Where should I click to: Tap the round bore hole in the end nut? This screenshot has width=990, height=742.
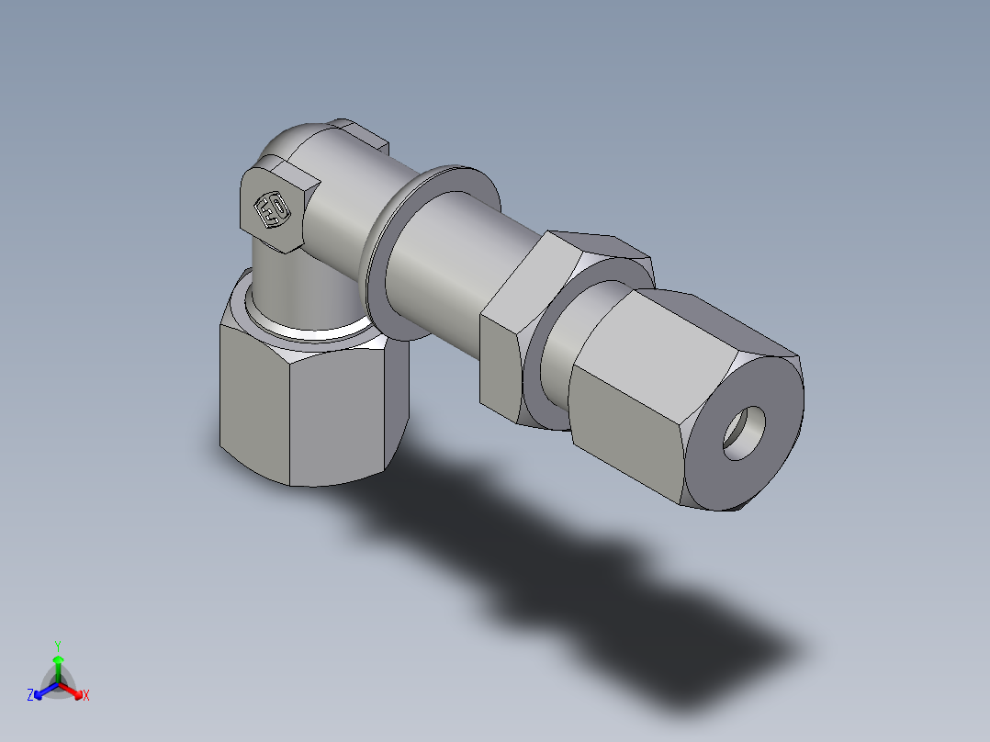pos(745,433)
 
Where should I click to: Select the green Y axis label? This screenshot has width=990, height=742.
pos(57,645)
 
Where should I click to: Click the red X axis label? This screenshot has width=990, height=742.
pos(86,696)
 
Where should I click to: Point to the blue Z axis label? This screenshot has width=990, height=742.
pos(30,696)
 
